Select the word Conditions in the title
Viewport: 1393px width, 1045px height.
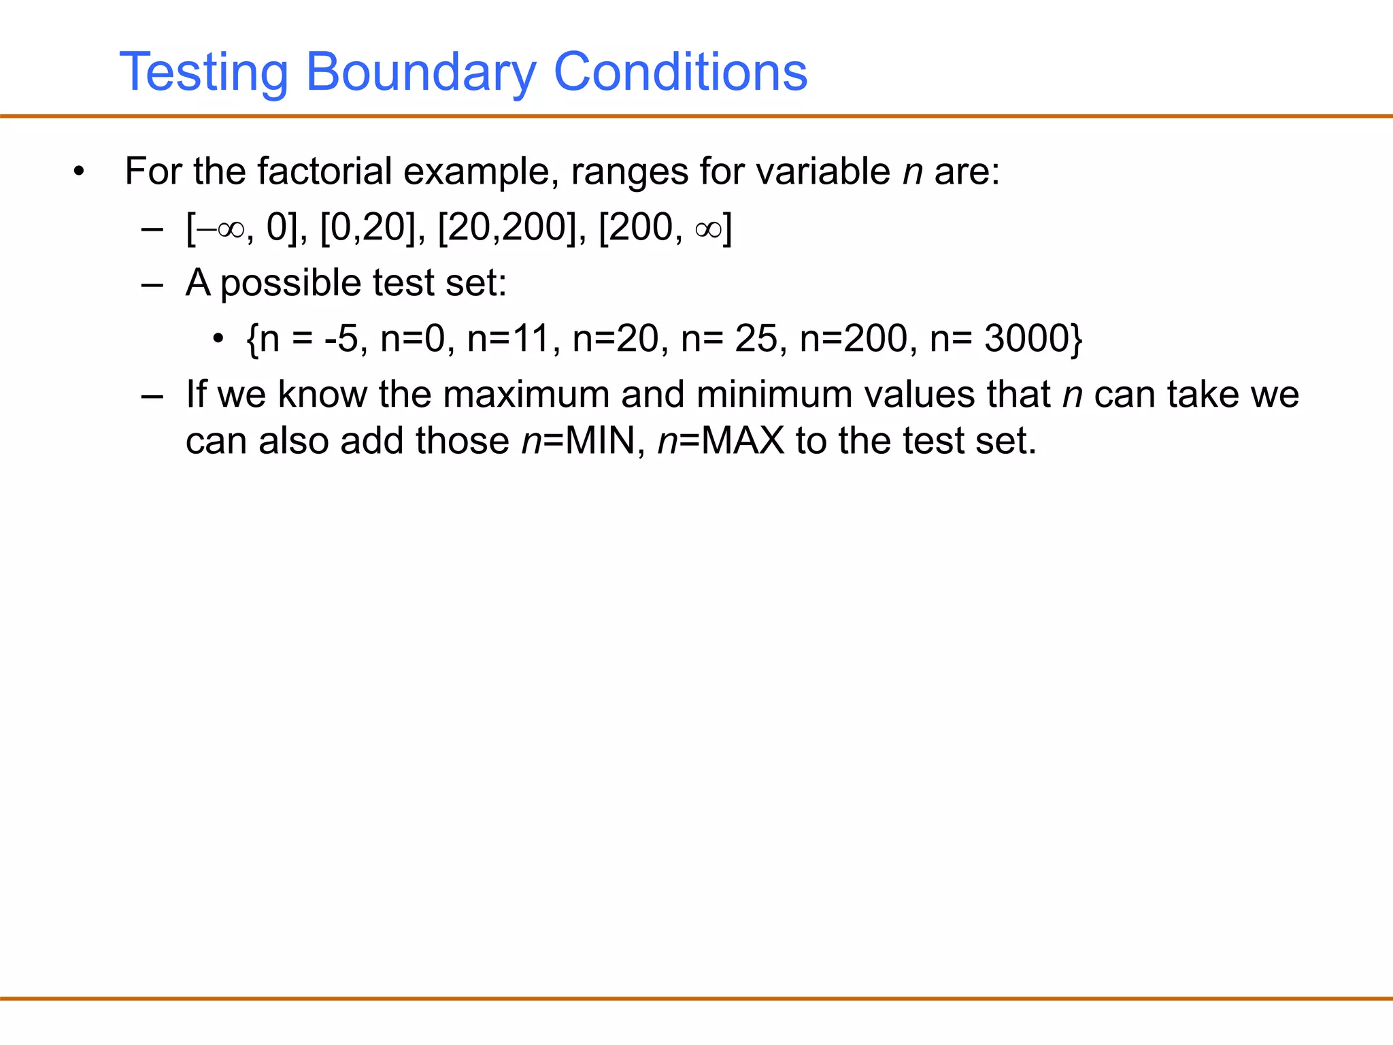coord(681,72)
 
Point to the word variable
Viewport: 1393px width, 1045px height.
coord(824,171)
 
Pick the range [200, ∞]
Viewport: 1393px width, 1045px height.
coord(665,227)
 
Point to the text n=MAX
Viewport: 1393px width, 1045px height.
coord(721,441)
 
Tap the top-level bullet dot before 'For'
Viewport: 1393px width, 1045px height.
coord(79,171)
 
